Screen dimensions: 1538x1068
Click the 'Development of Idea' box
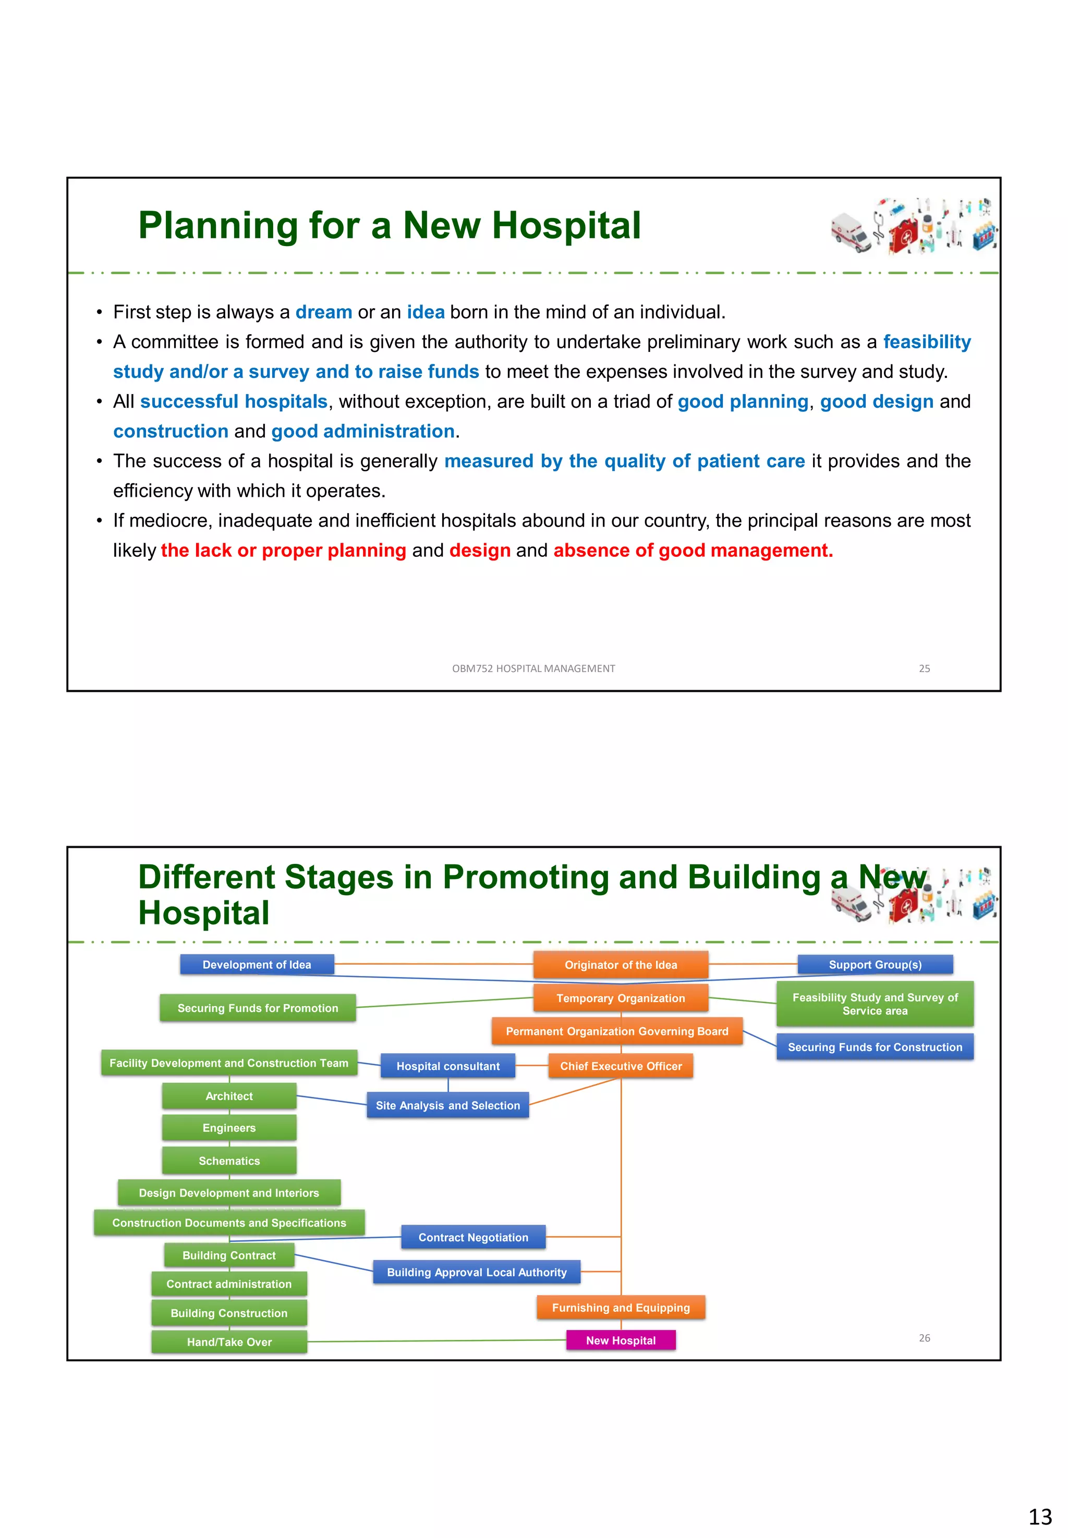point(257,965)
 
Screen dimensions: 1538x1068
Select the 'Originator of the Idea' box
point(621,965)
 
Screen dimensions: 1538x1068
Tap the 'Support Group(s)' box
point(875,965)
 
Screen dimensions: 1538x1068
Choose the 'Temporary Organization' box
point(621,998)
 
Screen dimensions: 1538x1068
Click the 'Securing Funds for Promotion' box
point(258,1008)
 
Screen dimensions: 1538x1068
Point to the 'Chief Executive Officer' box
point(621,1066)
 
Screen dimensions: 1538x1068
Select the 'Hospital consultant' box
point(447,1066)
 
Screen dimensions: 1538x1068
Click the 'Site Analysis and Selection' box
point(447,1106)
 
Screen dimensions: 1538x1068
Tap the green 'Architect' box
point(229,1096)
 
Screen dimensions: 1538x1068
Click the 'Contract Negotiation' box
point(473,1238)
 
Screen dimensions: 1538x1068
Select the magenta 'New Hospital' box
point(621,1340)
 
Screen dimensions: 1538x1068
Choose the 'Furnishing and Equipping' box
point(621,1308)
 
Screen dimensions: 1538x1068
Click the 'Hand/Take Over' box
point(229,1342)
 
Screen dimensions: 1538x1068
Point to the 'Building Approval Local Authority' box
point(477,1273)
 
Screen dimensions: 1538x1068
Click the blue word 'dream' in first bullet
point(324,312)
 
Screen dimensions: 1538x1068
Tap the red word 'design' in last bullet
point(480,551)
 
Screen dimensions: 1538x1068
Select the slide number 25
point(924,668)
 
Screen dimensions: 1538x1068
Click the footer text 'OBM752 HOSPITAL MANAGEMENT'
point(533,668)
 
